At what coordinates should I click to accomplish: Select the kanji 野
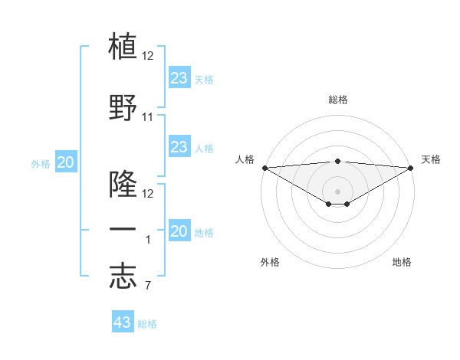pos(123,107)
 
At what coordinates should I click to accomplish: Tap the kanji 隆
pos(123,184)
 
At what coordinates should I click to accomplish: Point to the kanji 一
pos(123,229)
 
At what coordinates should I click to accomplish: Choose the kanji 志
pos(123,277)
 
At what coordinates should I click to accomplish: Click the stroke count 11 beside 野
pos(148,117)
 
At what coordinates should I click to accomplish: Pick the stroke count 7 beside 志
pos(147,286)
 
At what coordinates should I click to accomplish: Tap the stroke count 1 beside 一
pos(148,240)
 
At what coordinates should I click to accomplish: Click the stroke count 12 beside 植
pos(148,56)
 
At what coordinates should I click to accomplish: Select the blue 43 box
pos(123,322)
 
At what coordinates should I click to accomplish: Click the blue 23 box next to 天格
pos(179,77)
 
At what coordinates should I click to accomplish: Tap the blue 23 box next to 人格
pos(179,147)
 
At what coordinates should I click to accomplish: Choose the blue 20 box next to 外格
pos(66,162)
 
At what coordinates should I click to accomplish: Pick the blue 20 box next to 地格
pos(179,232)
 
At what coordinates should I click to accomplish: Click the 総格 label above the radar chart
pos(337,100)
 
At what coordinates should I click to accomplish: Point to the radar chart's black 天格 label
pos(432,159)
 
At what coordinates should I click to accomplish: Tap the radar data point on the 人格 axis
pos(264,168)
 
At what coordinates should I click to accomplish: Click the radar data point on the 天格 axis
pos(410,168)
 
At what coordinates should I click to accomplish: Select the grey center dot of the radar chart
pos(337,191)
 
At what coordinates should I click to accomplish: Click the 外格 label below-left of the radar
pos(270,262)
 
